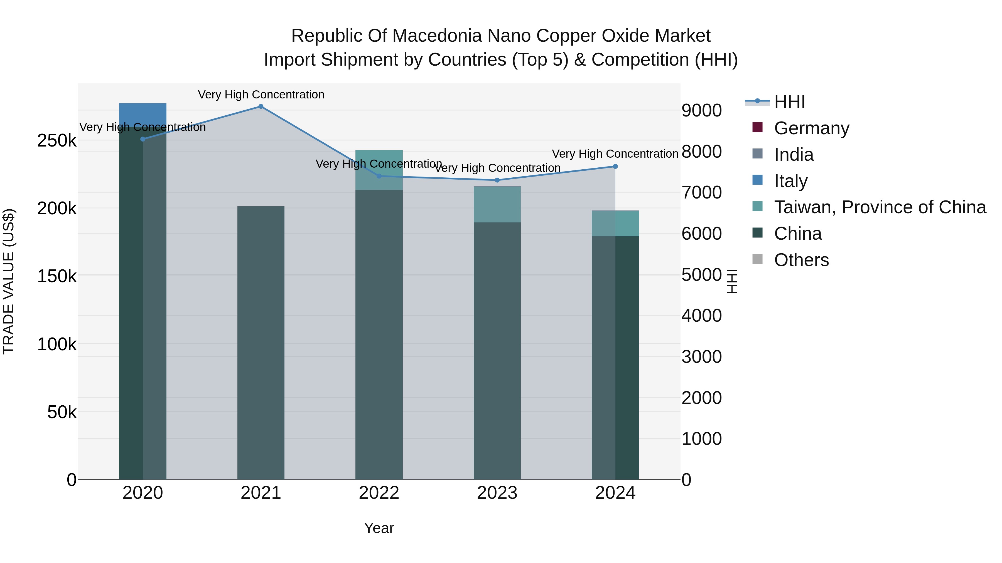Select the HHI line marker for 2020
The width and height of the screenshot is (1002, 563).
point(143,139)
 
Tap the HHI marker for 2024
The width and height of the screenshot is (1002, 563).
point(615,166)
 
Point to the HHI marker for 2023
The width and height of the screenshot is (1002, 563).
point(497,180)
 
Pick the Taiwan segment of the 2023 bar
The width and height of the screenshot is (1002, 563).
point(497,204)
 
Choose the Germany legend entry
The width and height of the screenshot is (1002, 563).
point(811,128)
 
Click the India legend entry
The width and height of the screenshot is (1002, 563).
point(794,154)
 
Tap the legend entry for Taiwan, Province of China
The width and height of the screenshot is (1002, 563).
point(880,207)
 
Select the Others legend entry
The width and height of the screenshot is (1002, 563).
point(801,260)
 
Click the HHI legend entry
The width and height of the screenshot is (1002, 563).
point(789,102)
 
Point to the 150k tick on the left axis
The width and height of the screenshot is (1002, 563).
point(57,276)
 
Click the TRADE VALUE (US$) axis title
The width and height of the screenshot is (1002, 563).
point(9,281)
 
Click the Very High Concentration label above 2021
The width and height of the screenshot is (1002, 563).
point(261,95)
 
